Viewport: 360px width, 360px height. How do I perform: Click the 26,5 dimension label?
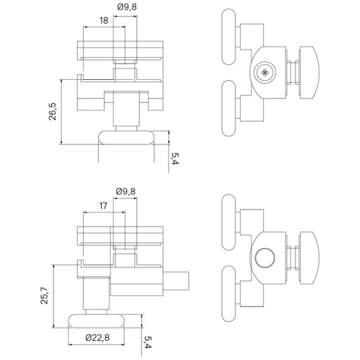click(53, 112)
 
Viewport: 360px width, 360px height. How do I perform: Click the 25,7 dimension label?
click(44, 296)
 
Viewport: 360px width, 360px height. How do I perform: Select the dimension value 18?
click(104, 20)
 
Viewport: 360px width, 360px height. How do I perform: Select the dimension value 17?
click(103, 206)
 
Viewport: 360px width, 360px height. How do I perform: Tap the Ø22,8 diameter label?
click(98, 337)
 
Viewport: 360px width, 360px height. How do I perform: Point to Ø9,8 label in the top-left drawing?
click(127, 7)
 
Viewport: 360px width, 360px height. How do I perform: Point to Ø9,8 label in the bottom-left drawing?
click(125, 191)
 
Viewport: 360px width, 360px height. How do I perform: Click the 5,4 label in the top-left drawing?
click(175, 158)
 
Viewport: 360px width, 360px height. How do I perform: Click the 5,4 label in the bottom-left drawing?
click(148, 342)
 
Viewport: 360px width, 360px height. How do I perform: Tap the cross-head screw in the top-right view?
click(265, 73)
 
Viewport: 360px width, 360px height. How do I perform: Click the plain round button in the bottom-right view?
click(265, 257)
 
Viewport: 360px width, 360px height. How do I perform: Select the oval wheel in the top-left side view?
click(126, 137)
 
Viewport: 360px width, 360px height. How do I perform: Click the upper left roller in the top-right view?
click(229, 37)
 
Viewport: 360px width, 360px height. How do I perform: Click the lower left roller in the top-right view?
click(229, 109)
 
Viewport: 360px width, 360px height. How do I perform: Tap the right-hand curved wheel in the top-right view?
click(309, 73)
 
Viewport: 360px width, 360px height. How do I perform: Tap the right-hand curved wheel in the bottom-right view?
click(309, 257)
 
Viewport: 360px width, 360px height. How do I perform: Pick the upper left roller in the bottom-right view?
click(229, 222)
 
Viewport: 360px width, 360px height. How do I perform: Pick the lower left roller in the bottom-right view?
click(229, 293)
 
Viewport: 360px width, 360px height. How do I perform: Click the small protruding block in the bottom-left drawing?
click(176, 281)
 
